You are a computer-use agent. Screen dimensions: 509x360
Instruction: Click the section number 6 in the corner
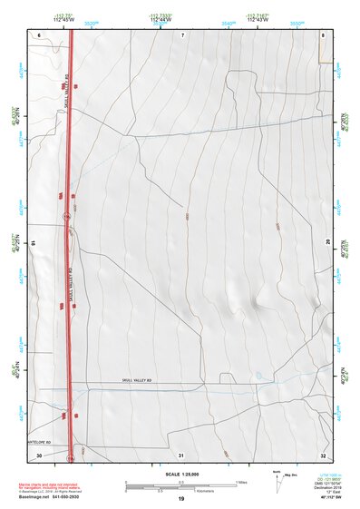[x=40, y=34]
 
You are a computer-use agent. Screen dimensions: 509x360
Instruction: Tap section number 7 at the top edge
[x=181, y=34]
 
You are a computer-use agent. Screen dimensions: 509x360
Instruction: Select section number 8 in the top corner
[x=323, y=34]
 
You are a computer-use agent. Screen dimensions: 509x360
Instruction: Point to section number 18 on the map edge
[x=34, y=243]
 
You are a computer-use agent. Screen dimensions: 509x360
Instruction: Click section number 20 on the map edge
[x=328, y=241]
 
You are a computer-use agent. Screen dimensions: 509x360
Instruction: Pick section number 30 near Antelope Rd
[x=39, y=454]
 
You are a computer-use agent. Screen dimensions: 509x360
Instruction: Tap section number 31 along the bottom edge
[x=181, y=454]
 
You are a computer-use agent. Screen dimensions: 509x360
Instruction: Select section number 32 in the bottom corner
[x=323, y=454]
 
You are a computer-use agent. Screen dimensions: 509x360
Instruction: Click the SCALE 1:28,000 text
[x=180, y=474]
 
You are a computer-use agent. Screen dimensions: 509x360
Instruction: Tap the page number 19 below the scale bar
[x=180, y=499]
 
